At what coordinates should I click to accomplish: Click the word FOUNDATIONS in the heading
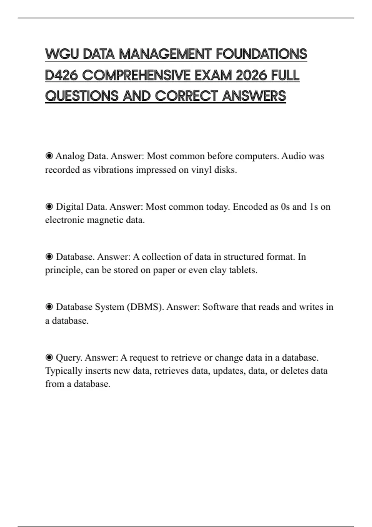click(261, 54)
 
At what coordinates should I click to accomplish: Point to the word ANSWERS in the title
click(254, 96)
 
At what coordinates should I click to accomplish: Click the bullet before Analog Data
click(49, 156)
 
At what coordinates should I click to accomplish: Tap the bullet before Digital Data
click(49, 206)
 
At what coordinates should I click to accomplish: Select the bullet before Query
click(49, 357)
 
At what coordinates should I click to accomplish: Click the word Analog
click(70, 156)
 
